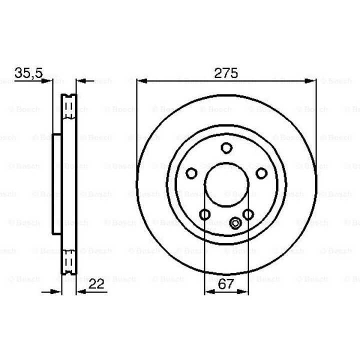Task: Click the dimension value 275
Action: [x=226, y=73]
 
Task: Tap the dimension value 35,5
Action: [x=28, y=73]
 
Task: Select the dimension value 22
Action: [x=96, y=284]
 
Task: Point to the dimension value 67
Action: [x=226, y=284]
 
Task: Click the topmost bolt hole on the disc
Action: [x=226, y=148]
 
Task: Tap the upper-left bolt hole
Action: [x=191, y=173]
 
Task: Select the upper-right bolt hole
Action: [x=261, y=173]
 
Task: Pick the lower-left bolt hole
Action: [x=205, y=214]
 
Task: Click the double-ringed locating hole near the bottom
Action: [x=235, y=223]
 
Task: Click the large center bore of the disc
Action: [x=226, y=185]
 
